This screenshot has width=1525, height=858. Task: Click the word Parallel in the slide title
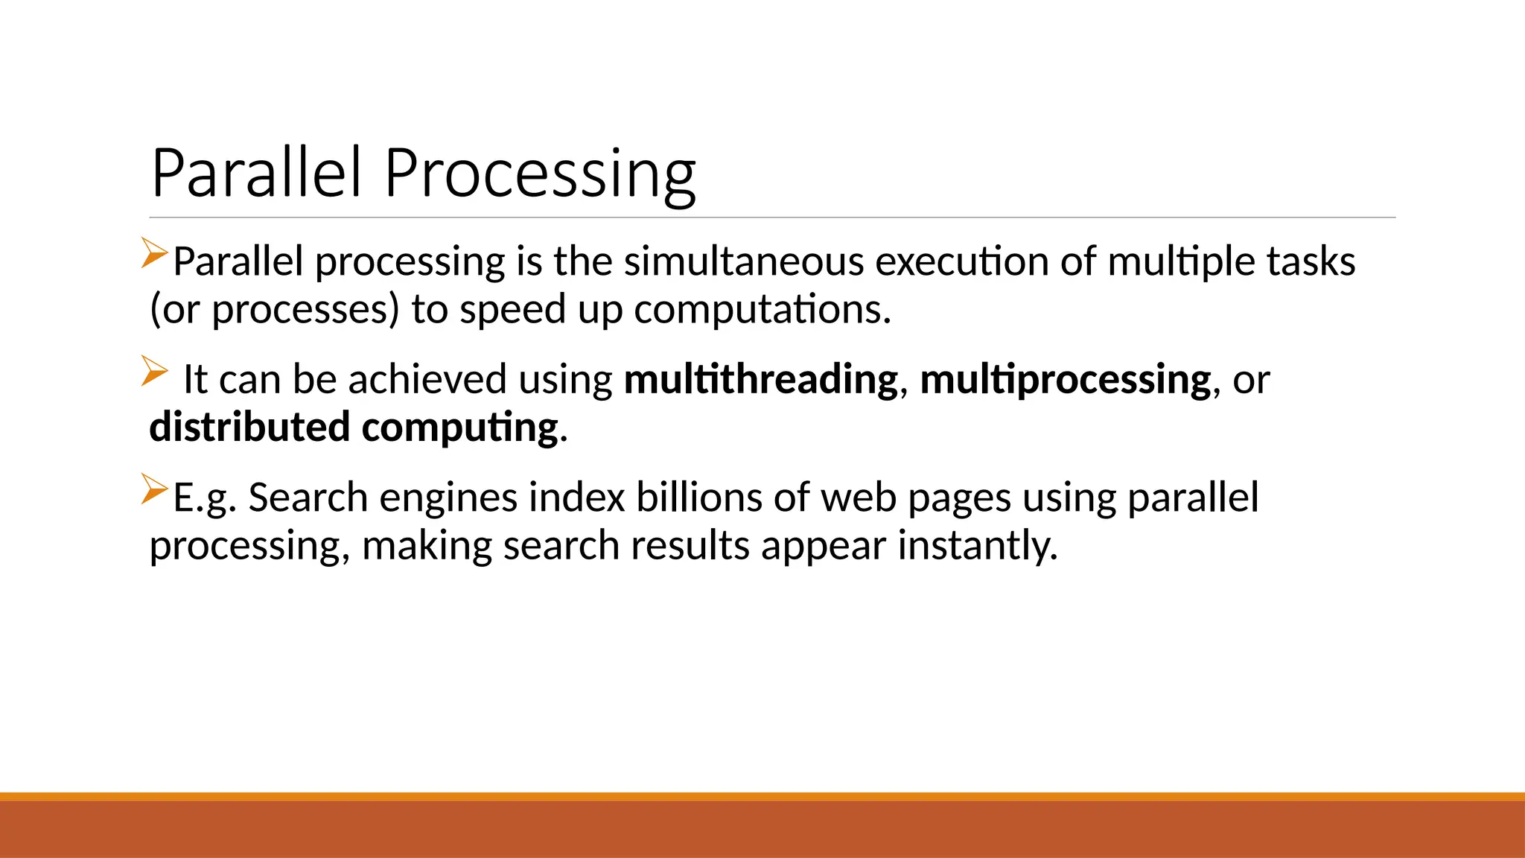click(x=256, y=173)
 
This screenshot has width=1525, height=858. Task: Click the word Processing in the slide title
click(x=540, y=174)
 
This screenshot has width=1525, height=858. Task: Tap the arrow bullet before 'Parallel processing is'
click(x=154, y=253)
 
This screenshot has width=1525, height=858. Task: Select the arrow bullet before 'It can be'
click(x=154, y=371)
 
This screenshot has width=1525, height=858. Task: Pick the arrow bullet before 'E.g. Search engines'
click(x=154, y=489)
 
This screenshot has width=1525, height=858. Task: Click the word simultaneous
click(x=744, y=262)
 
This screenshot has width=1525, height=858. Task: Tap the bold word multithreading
click(x=761, y=380)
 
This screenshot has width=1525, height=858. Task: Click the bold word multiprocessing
click(x=1066, y=380)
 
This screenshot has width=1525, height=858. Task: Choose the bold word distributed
click(x=249, y=428)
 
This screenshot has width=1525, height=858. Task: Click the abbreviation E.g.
click(x=205, y=499)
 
